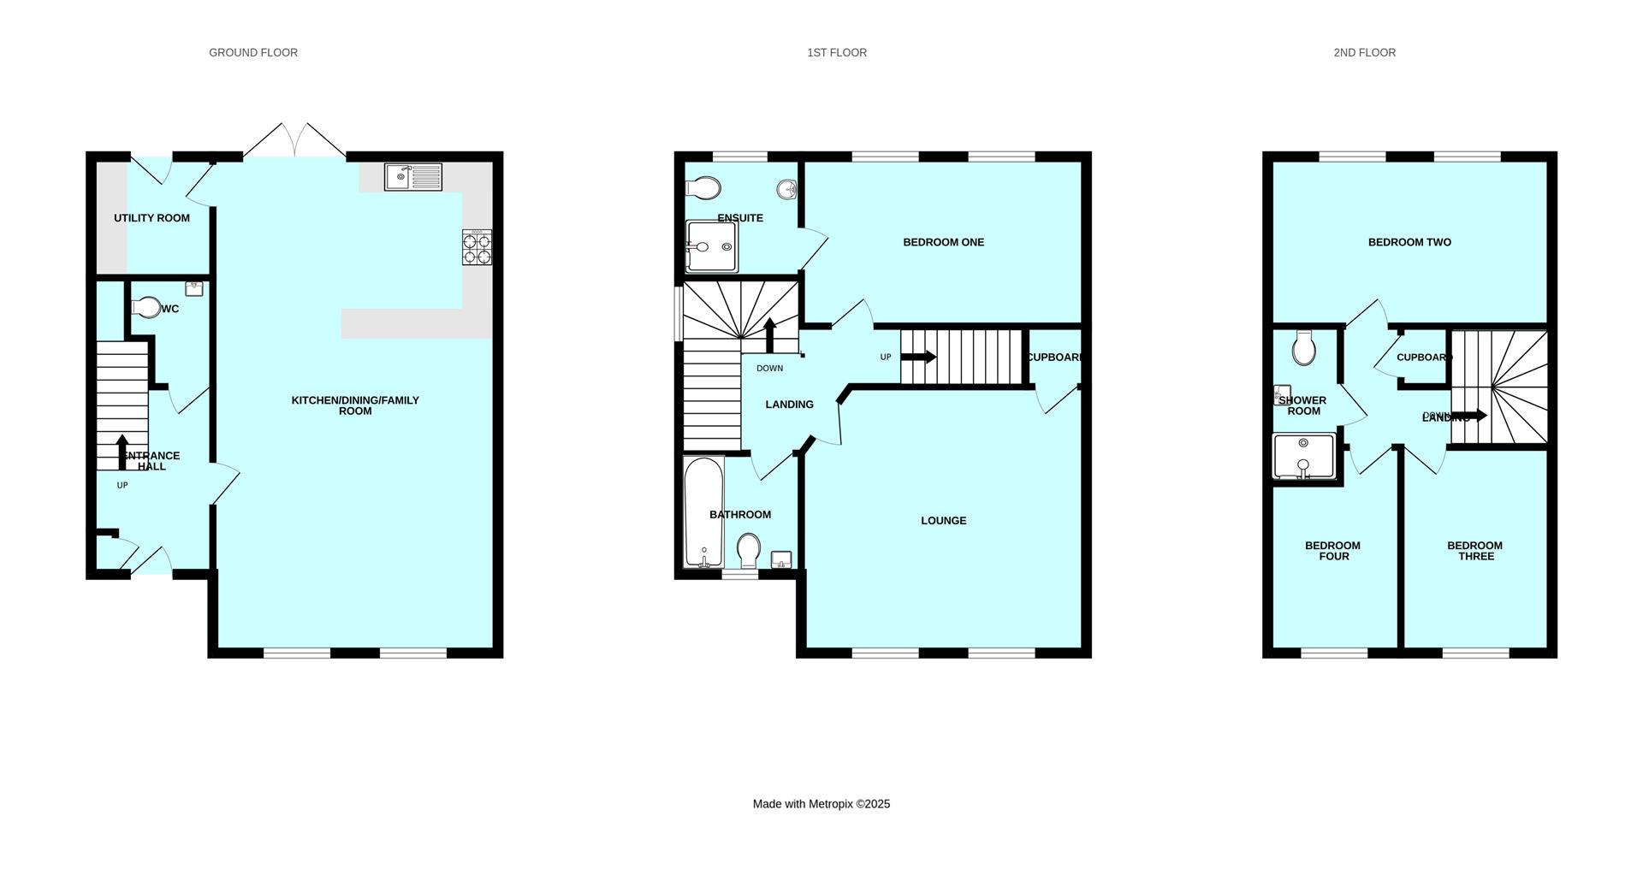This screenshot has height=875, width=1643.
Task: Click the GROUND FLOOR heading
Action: (x=253, y=53)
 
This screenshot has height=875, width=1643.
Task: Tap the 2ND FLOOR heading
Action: (x=1364, y=53)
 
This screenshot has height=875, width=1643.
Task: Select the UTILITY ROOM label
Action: (x=151, y=218)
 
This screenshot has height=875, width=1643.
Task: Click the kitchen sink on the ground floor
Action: (x=412, y=176)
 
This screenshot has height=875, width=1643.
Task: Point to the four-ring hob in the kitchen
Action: (x=477, y=247)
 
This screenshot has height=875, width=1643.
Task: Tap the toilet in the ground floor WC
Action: (x=145, y=307)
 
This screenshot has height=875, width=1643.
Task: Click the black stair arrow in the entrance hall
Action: (x=122, y=451)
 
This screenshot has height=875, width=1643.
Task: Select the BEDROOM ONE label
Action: (x=943, y=242)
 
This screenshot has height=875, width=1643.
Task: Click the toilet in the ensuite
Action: (x=703, y=186)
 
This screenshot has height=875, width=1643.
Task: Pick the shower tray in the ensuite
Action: (x=711, y=247)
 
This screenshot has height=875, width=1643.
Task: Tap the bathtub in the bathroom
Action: (x=704, y=511)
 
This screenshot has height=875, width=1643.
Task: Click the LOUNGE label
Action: (x=943, y=520)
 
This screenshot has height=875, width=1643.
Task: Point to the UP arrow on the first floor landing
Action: (x=919, y=357)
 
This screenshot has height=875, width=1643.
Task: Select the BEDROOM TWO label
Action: (x=1409, y=242)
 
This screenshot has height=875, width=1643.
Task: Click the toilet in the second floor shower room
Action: (x=1304, y=348)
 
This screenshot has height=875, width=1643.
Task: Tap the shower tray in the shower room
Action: (x=1303, y=456)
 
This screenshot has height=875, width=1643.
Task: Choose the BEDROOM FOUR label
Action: (x=1332, y=551)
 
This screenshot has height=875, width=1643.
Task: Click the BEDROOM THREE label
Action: (x=1474, y=551)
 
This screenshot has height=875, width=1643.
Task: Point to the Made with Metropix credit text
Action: (x=821, y=804)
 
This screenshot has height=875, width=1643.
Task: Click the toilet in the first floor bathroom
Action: (x=749, y=550)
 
